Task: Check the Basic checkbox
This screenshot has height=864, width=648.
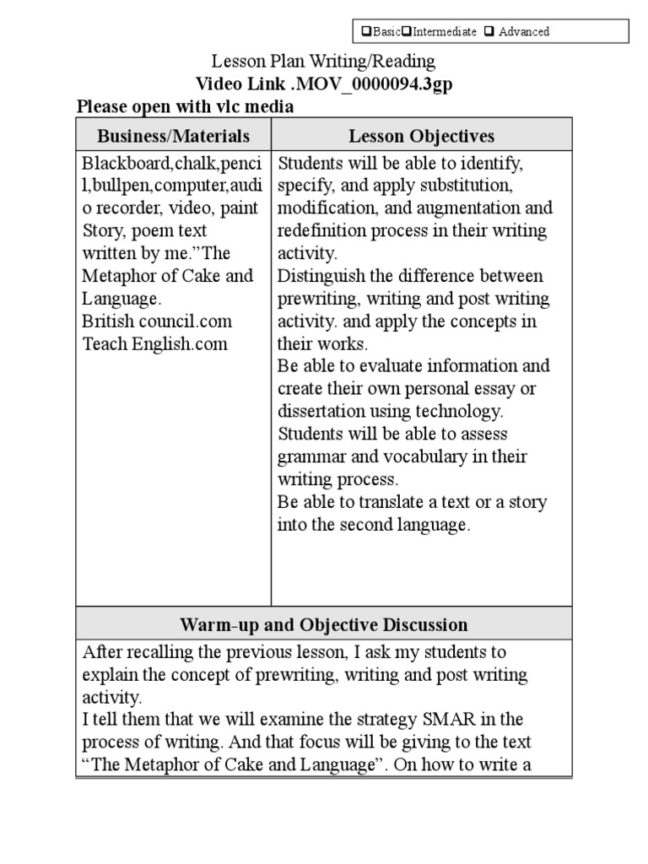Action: click(364, 32)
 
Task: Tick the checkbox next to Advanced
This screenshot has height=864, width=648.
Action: click(489, 32)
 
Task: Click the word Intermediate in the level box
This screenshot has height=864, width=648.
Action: click(440, 32)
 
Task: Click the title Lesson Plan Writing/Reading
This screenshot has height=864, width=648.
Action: click(323, 62)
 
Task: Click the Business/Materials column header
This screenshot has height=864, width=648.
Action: click(173, 136)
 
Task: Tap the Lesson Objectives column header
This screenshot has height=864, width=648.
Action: click(421, 136)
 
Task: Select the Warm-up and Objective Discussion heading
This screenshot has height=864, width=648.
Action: click(323, 625)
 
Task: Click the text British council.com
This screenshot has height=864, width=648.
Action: click(157, 321)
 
